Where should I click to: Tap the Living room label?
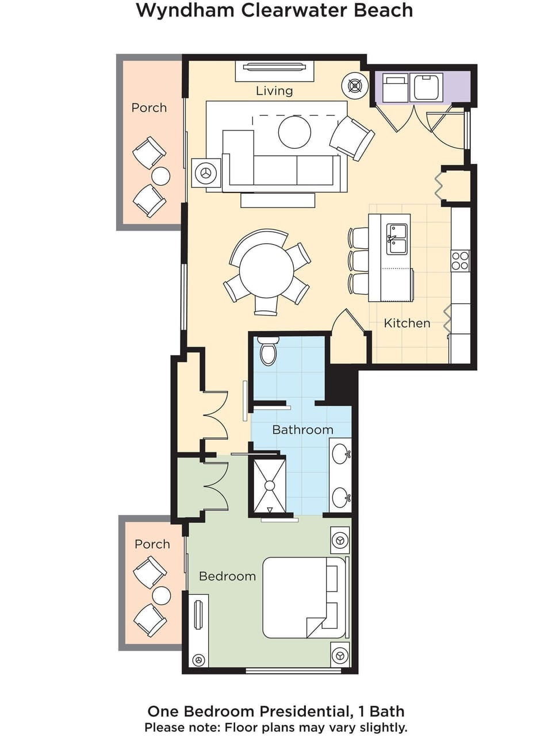coord(274,91)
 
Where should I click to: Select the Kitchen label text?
coord(407,323)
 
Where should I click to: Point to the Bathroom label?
coord(302,430)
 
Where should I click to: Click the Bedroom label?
coord(227,576)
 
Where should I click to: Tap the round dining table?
coord(266,270)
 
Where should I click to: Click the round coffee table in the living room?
coord(294,132)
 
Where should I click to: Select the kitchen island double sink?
coord(397,239)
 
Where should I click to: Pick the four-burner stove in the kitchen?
coord(460,260)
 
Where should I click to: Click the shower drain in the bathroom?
coord(269,486)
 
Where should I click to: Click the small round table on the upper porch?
coord(160,176)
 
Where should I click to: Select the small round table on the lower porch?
coord(161,595)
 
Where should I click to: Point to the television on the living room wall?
coord(274,67)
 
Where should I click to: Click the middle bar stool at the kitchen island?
coord(359,260)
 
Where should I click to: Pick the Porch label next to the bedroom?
coord(152,544)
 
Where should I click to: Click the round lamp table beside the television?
coord(355,86)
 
